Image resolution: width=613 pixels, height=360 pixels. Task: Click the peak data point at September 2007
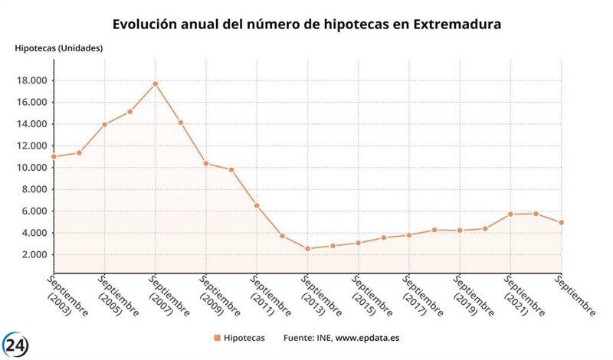point(155,83)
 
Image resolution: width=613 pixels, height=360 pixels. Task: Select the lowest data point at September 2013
point(307,248)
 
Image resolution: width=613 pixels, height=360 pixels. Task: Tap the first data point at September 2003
point(54,156)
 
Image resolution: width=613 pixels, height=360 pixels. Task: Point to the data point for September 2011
point(257,205)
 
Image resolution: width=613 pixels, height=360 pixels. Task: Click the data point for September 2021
point(510,214)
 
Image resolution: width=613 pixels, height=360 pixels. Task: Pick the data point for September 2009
point(205,163)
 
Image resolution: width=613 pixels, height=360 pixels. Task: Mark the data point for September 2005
point(104,125)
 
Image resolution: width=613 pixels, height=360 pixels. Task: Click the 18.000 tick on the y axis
point(31,80)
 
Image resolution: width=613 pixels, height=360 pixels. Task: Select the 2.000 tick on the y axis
point(34,254)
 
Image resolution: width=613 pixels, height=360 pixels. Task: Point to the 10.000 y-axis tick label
point(31,168)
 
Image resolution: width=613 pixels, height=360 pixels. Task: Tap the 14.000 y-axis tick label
point(31,124)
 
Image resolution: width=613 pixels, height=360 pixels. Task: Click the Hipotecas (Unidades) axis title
point(59,47)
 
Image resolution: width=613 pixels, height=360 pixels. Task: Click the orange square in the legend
point(217,338)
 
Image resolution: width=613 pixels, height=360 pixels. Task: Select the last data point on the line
point(560,223)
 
